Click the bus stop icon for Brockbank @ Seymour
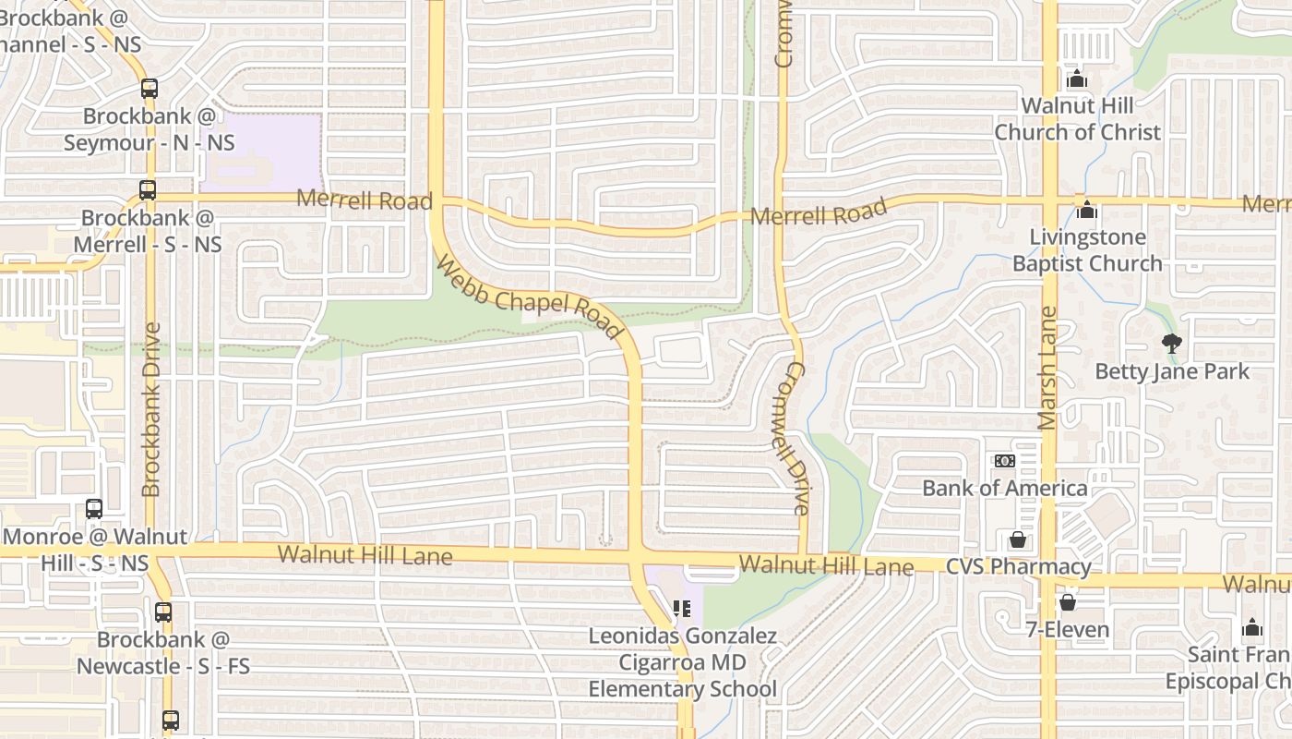click(x=150, y=89)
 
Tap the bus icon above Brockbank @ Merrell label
click(x=148, y=190)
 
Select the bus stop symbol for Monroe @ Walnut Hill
click(x=94, y=508)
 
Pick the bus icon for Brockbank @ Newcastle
click(x=163, y=612)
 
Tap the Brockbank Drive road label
click(x=152, y=408)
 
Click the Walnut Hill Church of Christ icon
click(x=1076, y=80)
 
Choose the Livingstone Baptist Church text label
click(x=1087, y=250)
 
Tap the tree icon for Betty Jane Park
click(x=1171, y=345)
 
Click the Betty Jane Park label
click(x=1172, y=371)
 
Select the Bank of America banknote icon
click(x=1004, y=461)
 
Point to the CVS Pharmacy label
click(x=1019, y=566)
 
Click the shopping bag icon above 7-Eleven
click(x=1068, y=602)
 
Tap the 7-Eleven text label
click(x=1068, y=630)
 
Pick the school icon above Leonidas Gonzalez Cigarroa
click(x=683, y=609)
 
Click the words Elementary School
click(x=683, y=689)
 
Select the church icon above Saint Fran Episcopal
click(x=1252, y=628)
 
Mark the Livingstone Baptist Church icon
click(x=1087, y=211)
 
